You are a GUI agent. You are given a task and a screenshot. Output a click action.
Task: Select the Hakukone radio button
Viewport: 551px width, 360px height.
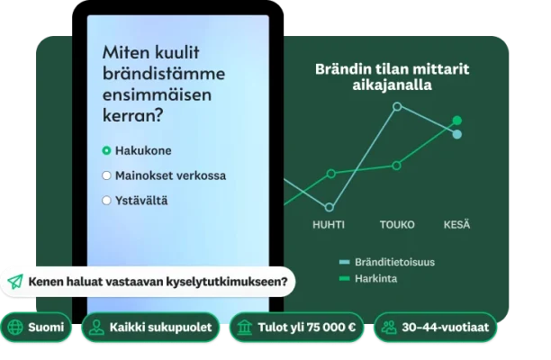tap(107, 150)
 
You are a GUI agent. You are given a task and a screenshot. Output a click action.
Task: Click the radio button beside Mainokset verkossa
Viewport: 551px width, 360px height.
tap(107, 175)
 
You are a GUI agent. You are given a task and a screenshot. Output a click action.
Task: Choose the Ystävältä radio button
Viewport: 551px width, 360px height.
tap(107, 200)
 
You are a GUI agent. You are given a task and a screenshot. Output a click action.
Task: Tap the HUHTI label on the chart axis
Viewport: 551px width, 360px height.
tap(330, 224)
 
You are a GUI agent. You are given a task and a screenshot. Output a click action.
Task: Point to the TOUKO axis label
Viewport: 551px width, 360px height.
tap(397, 224)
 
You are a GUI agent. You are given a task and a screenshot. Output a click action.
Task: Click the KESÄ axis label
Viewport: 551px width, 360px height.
tap(456, 224)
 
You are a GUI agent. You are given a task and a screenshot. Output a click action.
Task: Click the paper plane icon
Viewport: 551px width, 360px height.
tap(15, 282)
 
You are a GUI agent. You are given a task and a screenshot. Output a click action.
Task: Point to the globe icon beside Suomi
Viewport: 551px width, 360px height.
tap(16, 328)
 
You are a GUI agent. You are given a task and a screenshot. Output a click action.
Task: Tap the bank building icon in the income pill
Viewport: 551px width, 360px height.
tap(244, 328)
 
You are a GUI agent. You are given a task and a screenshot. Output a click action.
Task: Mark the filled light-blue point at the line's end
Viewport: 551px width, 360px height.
tap(457, 135)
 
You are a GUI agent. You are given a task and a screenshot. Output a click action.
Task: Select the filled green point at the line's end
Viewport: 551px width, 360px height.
tap(457, 120)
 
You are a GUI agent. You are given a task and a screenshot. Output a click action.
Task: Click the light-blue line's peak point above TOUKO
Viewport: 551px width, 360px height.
tap(397, 106)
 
